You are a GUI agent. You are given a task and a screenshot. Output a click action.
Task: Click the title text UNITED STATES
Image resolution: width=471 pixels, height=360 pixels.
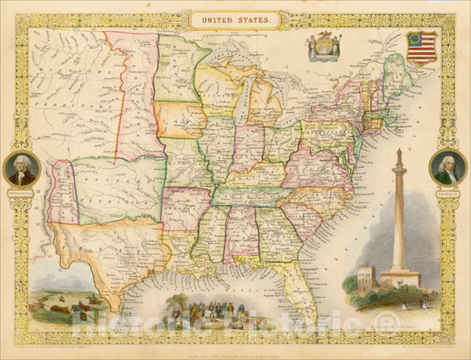pos(235,17)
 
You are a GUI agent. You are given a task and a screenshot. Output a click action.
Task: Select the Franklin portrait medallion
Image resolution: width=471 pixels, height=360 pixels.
pos(447,167)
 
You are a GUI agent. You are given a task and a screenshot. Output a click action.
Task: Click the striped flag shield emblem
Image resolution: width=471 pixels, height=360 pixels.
pos(422,48)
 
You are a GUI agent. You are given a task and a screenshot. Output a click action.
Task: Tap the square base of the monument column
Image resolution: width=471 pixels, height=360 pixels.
pos(399,280)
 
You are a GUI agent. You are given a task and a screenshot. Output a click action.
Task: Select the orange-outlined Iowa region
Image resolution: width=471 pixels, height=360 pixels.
pos(180,119)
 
